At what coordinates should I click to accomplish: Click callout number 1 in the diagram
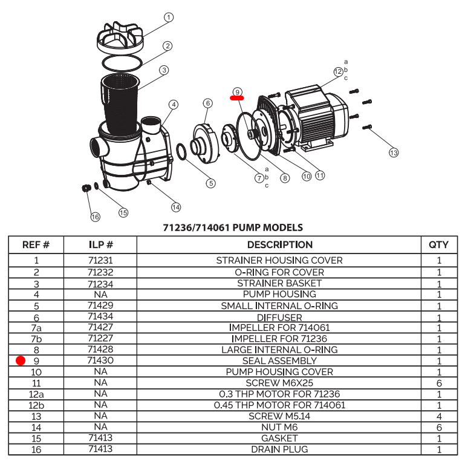[x=169, y=18]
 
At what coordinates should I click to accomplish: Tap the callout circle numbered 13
[x=394, y=153]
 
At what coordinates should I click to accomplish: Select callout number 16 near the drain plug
[x=95, y=217]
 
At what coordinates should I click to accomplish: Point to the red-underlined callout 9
[x=237, y=91]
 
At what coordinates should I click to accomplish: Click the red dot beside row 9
[x=21, y=361]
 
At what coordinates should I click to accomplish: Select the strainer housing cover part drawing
[x=120, y=39]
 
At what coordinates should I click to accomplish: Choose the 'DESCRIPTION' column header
[x=279, y=245]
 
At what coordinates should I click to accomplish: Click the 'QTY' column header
[x=438, y=245]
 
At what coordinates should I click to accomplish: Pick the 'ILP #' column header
[x=100, y=245]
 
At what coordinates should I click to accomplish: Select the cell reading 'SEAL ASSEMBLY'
[x=279, y=361]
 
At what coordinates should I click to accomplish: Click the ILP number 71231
[x=100, y=261]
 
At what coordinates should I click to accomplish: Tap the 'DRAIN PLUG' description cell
[x=279, y=449]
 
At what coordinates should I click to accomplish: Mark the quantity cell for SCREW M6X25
[x=438, y=383]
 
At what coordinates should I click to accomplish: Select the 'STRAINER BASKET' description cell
[x=279, y=283]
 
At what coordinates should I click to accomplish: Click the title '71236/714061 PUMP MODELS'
[x=233, y=228]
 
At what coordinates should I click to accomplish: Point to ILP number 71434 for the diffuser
[x=100, y=316]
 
